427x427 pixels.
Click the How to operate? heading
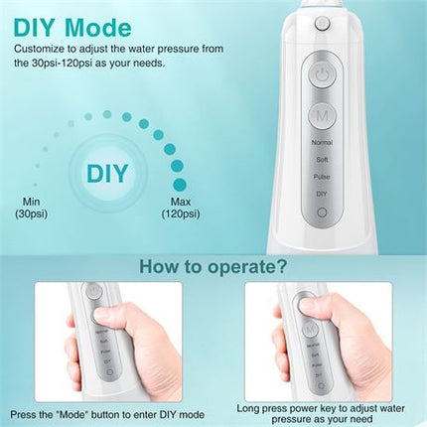coord(213,266)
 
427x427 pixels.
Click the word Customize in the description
coord(46,48)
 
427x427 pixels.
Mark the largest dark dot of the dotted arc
coord(178,184)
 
